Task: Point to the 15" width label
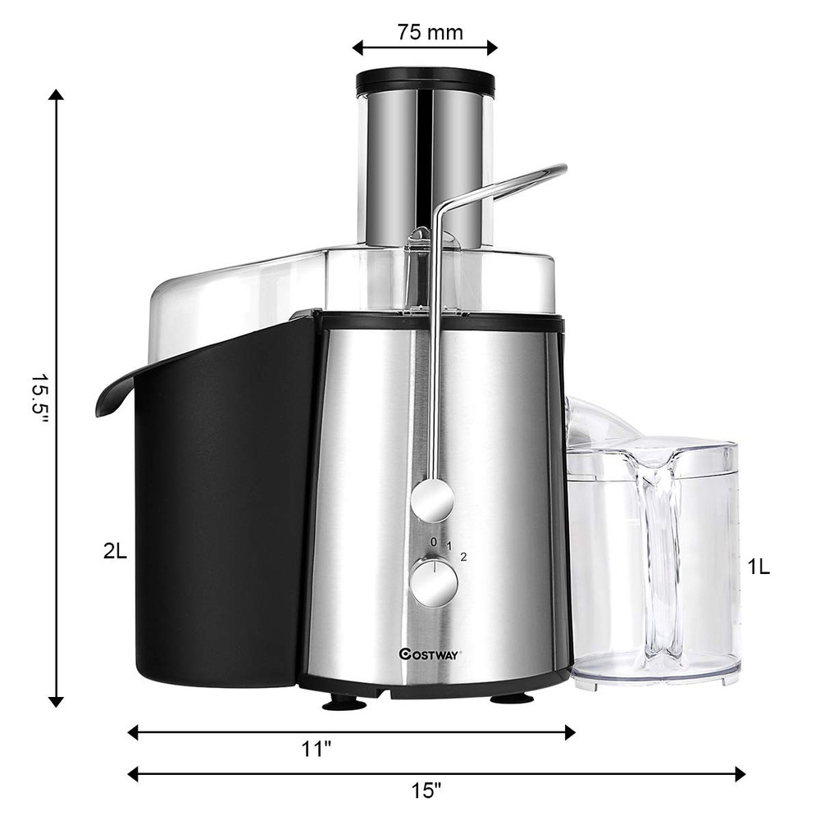click(x=426, y=791)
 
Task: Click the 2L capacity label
click(x=115, y=552)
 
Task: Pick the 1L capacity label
click(x=758, y=567)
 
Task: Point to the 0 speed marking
click(x=433, y=542)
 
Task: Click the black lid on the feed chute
click(x=425, y=81)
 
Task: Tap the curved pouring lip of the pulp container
click(x=115, y=394)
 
